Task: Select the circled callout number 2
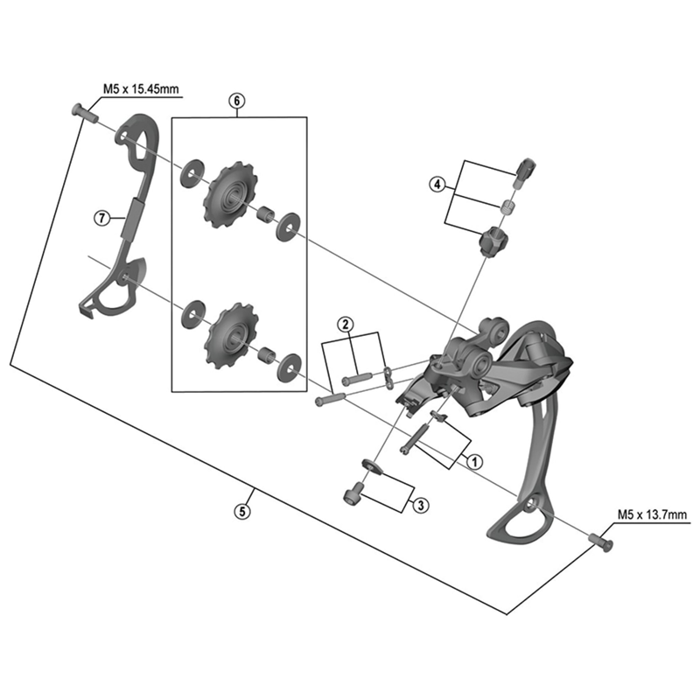tap(346, 324)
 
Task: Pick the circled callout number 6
tap(236, 101)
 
